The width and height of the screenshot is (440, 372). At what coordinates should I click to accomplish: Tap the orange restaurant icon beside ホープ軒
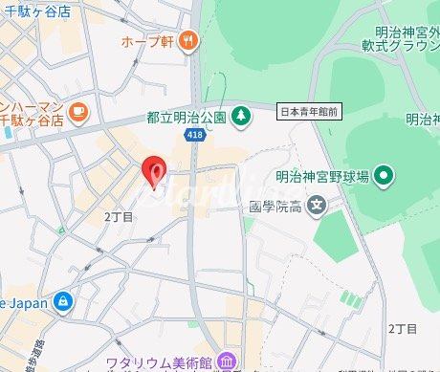189,40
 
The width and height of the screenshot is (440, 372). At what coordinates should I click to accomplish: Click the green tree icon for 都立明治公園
241,116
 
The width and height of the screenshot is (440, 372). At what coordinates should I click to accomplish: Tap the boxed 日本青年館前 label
310,112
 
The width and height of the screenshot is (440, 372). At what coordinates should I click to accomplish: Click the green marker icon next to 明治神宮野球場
384,175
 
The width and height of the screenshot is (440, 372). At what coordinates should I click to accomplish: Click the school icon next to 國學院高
317,205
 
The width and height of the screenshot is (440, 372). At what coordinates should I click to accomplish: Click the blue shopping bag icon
63,302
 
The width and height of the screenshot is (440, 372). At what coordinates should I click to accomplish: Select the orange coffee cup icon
77,110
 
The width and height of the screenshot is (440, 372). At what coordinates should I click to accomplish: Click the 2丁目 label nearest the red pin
119,217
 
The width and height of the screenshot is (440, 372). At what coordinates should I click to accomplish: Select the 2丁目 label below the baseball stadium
403,328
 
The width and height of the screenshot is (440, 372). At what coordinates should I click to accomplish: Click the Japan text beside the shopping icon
25,302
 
